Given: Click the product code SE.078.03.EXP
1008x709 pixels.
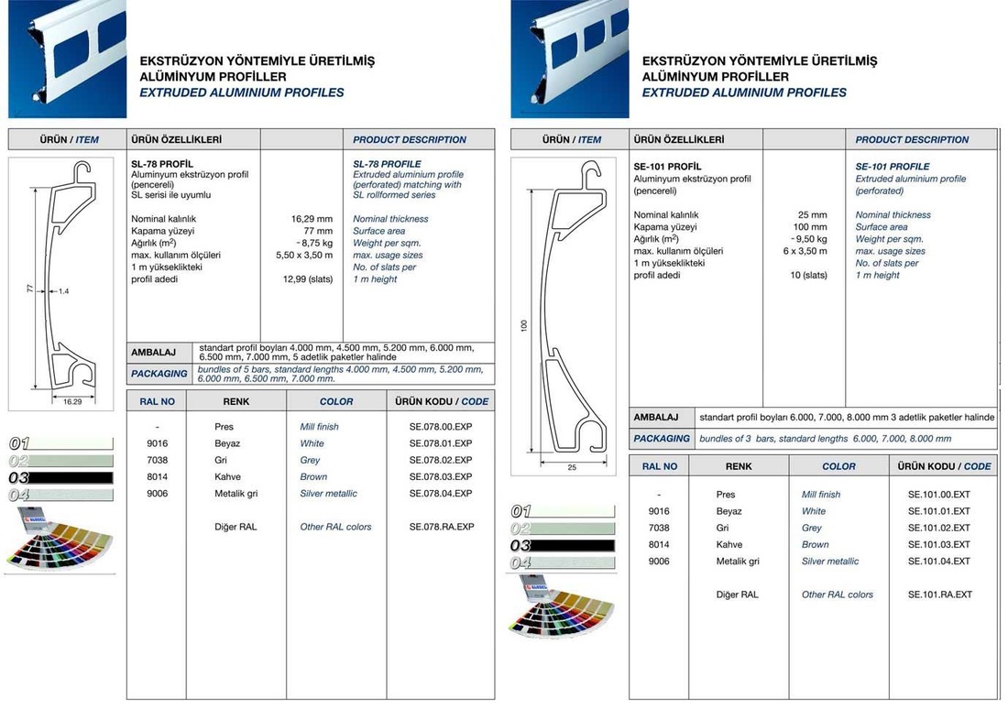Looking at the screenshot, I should click(x=441, y=477).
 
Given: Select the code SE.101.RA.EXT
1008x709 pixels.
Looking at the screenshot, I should click(x=938, y=594).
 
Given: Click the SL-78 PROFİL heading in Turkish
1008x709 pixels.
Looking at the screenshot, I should click(x=162, y=163).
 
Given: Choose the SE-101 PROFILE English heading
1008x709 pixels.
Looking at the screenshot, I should click(x=892, y=167).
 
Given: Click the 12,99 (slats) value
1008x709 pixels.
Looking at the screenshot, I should click(x=308, y=279).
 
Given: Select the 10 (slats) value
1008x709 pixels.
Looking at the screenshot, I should click(x=808, y=276).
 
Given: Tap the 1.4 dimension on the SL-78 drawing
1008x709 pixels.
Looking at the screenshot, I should click(x=63, y=291).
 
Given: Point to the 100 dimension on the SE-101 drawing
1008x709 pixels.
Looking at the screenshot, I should click(x=524, y=326).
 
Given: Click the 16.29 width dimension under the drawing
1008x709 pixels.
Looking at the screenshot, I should click(x=72, y=401).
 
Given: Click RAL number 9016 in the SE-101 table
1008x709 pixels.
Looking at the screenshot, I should click(x=659, y=511).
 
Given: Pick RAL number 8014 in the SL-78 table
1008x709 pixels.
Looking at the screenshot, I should click(x=158, y=477).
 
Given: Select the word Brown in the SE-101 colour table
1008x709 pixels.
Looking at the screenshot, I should click(x=815, y=545).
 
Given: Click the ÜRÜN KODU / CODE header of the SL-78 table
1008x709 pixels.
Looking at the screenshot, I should click(x=442, y=401).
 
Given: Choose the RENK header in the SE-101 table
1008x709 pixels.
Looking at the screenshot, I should click(x=738, y=466).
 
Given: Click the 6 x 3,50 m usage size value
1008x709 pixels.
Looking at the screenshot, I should click(x=805, y=251).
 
